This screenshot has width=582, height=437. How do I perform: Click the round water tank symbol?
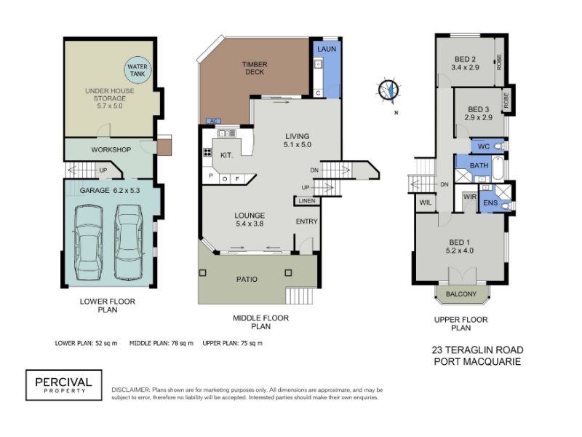(137, 70)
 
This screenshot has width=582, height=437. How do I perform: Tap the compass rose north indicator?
(389, 90)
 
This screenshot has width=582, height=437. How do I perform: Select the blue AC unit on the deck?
(213, 121)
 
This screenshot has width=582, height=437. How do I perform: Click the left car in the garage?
(88, 243)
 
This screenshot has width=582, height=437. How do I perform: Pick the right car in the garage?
(129, 242)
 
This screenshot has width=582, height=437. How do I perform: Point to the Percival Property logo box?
(64, 385)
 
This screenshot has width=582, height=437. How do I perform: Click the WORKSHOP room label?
(111, 150)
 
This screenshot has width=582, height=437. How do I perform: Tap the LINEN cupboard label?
(307, 201)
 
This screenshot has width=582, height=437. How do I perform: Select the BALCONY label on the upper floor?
(461, 294)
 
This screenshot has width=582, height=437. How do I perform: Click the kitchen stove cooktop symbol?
(207, 152)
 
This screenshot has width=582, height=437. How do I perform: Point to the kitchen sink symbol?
(227, 133)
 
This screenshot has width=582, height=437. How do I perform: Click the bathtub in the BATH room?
(498, 169)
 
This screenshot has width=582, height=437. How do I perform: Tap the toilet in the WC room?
(500, 146)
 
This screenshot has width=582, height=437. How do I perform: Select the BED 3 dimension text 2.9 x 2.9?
(479, 117)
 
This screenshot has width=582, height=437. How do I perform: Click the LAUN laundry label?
(327, 49)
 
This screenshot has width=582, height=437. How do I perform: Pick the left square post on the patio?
(203, 273)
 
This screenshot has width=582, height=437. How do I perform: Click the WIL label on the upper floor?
(426, 202)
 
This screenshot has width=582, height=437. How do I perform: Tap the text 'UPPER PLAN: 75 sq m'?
(232, 343)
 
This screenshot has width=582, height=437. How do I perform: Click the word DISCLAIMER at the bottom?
(131, 390)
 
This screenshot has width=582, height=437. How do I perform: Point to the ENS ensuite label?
(490, 203)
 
